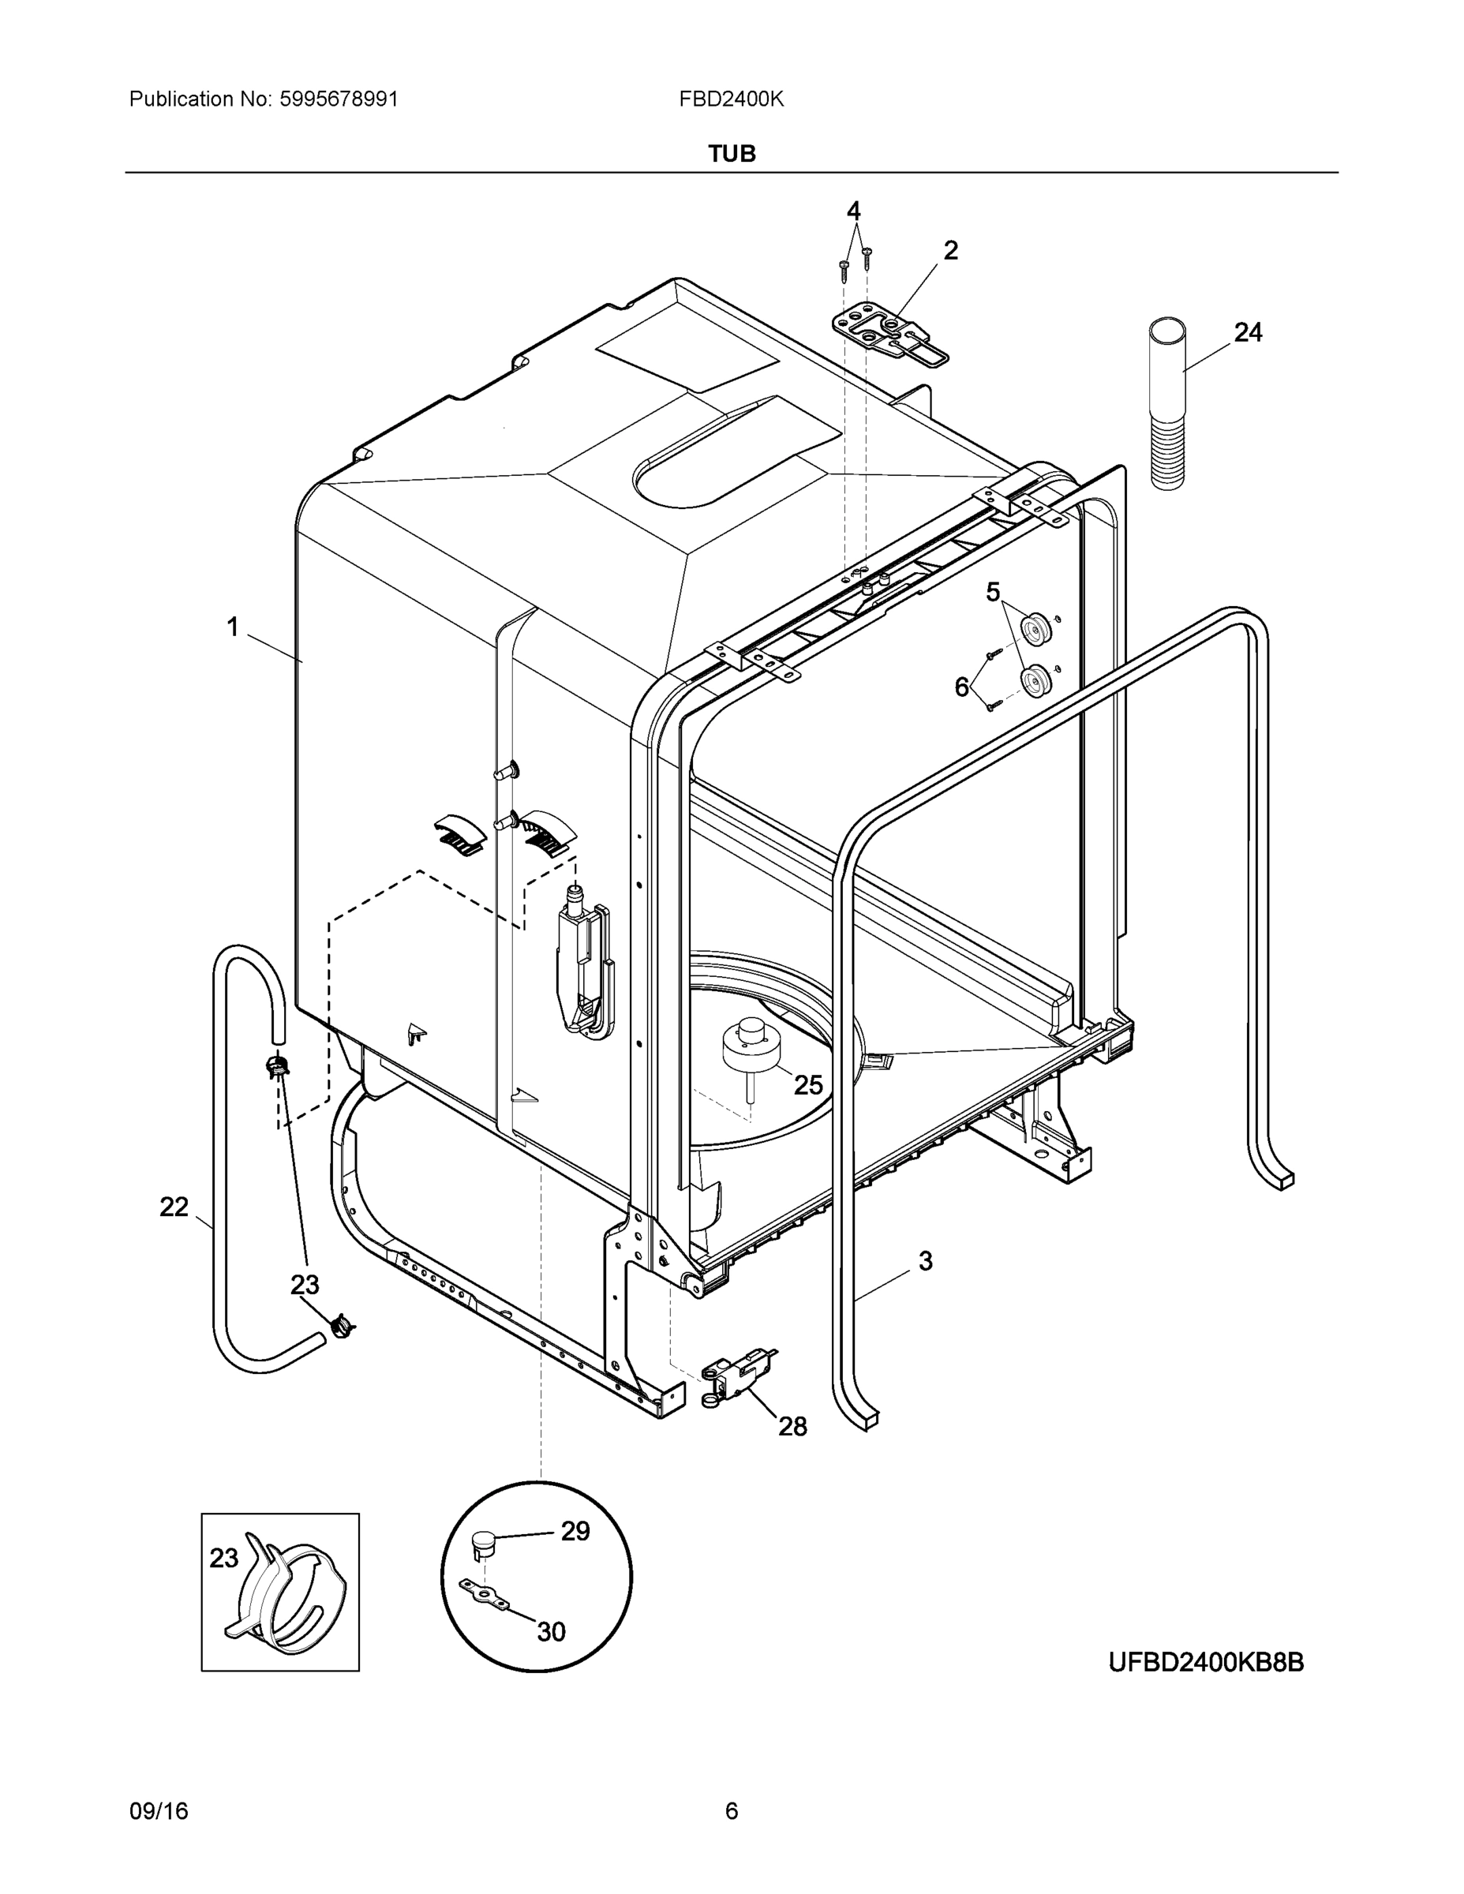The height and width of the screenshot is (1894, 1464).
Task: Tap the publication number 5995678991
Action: [x=339, y=99]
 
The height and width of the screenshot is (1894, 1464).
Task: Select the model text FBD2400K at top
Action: [x=731, y=99]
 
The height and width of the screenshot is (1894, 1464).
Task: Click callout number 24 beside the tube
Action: [x=1247, y=332]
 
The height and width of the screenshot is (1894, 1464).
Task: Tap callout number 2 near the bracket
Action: [x=950, y=251]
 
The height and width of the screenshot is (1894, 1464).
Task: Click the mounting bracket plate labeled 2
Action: [x=889, y=334]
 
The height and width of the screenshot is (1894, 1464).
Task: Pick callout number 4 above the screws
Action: [x=853, y=211]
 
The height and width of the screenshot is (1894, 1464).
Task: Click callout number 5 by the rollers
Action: [x=993, y=593]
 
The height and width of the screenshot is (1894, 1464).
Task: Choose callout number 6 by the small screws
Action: [x=962, y=687]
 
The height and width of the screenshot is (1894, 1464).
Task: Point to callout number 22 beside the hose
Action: [x=174, y=1207]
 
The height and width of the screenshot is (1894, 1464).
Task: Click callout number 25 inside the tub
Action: [x=808, y=1084]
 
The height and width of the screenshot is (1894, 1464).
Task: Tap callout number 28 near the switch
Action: [x=792, y=1426]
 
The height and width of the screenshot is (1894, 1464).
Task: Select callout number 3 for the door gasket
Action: [x=926, y=1261]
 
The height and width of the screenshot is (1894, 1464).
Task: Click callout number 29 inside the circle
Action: [x=575, y=1532]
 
